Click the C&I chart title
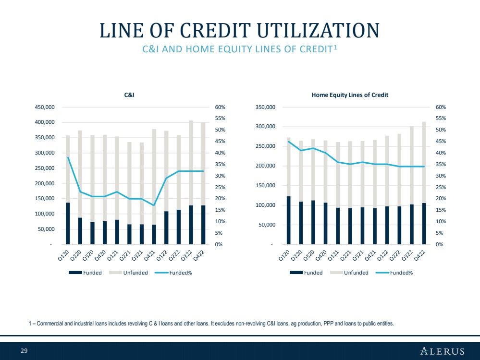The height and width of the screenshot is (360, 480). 129,95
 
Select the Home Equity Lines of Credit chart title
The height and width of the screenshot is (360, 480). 350,95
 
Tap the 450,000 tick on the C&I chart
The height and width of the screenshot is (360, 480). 45,107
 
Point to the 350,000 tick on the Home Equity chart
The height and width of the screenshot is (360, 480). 265,107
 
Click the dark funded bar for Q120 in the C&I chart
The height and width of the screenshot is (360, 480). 68,223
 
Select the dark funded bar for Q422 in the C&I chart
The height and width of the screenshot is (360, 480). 203,225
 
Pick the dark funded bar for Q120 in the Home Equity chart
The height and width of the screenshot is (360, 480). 289,220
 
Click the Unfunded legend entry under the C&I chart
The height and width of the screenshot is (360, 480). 128,273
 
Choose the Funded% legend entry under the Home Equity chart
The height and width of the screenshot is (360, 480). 394,273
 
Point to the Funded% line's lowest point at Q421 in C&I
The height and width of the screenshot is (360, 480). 154,205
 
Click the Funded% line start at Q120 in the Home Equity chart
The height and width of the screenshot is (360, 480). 289,141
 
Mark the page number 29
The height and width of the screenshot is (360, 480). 24,350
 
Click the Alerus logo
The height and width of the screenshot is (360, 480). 442,351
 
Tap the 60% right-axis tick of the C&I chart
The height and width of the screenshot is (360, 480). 220,107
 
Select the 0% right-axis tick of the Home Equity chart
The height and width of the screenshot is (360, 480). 439,244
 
